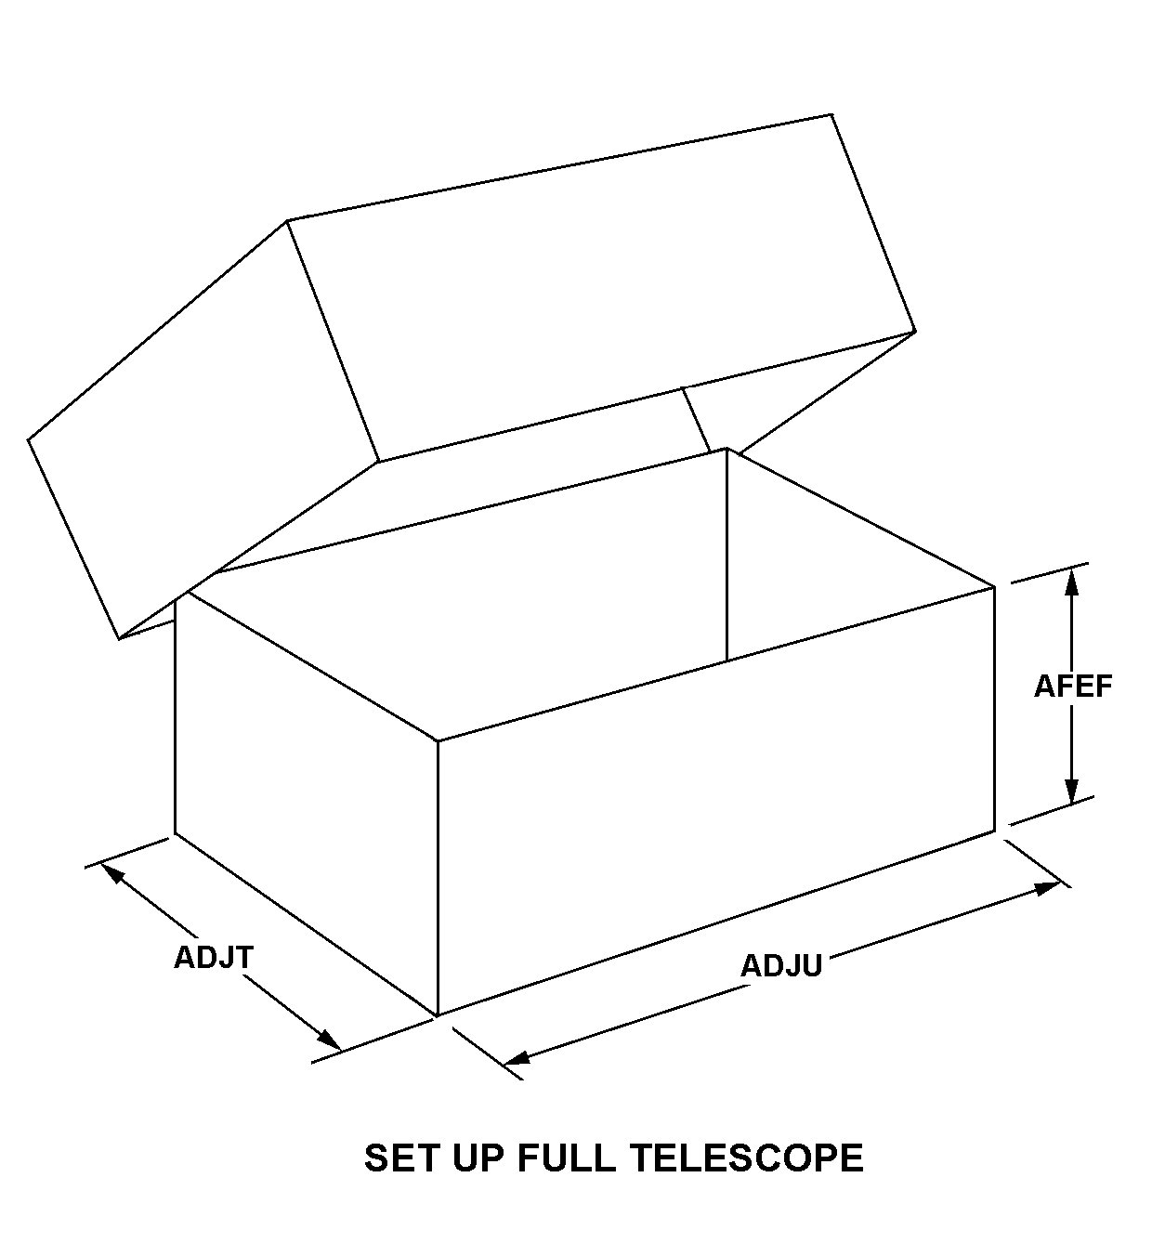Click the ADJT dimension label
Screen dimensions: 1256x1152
pos(213,957)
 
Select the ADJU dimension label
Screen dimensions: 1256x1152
pos(780,966)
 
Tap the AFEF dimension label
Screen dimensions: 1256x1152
pos(1073,686)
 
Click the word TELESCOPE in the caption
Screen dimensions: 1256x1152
pos(747,1158)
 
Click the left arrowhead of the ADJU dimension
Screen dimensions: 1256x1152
pos(516,1058)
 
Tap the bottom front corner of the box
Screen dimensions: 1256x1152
pos(437,1015)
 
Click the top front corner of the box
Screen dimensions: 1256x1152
pos(438,741)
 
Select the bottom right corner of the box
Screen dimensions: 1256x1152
pos(995,830)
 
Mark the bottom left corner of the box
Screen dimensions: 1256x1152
pos(176,833)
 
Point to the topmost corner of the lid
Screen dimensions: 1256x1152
pos(831,115)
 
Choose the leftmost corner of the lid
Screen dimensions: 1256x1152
pos(29,438)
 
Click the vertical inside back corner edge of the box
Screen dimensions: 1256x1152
pos(727,557)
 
